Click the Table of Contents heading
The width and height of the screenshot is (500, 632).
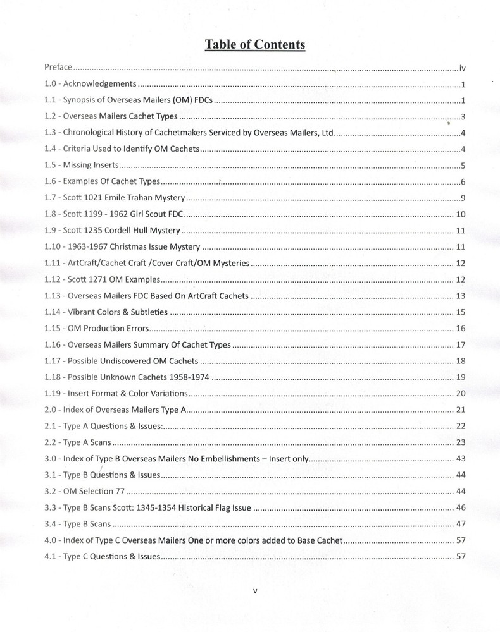pos(254,44)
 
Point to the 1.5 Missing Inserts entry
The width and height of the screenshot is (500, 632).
pos(82,166)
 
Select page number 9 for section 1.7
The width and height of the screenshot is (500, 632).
pos(464,198)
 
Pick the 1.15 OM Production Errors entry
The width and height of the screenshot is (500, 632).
pos(99,329)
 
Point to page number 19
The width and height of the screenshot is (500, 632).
pos(461,378)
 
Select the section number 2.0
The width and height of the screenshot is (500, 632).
pos(51,411)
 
